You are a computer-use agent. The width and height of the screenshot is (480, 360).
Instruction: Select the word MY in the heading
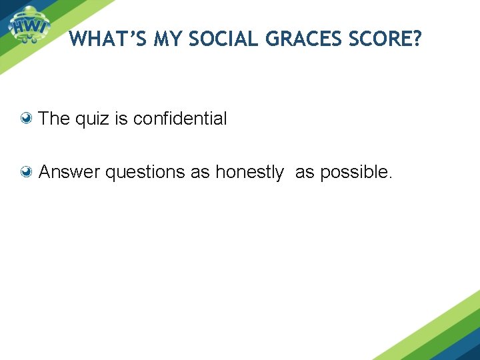click(168, 40)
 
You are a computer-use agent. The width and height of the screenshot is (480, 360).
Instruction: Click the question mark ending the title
click(417, 40)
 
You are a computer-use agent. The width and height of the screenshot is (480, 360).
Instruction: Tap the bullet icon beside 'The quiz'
click(27, 119)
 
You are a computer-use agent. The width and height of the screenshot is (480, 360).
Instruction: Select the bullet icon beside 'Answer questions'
click(27, 173)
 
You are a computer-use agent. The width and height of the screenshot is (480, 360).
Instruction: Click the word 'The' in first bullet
click(54, 119)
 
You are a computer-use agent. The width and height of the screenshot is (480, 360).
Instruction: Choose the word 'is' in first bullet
click(121, 119)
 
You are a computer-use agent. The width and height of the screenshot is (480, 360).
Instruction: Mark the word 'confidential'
click(180, 119)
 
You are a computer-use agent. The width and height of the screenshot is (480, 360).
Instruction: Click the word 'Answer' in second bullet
click(69, 173)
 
